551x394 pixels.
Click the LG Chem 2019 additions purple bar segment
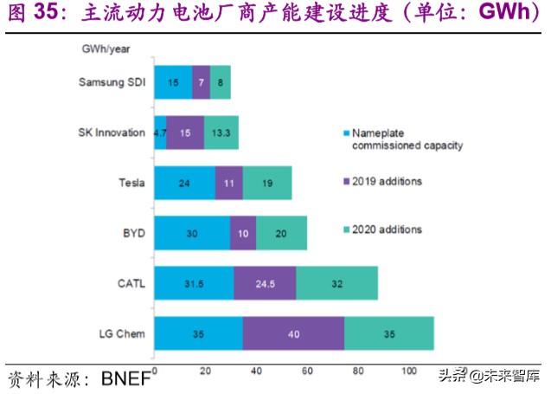click(x=293, y=333)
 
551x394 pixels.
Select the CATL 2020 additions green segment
click(x=336, y=283)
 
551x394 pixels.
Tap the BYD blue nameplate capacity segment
click(x=193, y=233)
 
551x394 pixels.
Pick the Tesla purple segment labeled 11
click(x=228, y=183)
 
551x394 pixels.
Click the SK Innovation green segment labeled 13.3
click(x=221, y=132)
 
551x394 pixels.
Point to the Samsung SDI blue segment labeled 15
click(x=173, y=82)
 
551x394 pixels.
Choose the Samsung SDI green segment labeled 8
click(x=221, y=82)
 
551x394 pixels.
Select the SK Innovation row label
click(x=110, y=132)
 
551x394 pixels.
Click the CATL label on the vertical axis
click(x=131, y=283)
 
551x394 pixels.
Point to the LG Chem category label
click(x=123, y=333)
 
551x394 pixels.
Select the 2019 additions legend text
click(x=388, y=181)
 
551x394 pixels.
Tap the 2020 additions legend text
click(x=388, y=229)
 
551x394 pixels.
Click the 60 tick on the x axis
click(x=307, y=371)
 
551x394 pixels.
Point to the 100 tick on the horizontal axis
click(x=409, y=371)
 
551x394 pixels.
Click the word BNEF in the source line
click(x=126, y=378)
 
